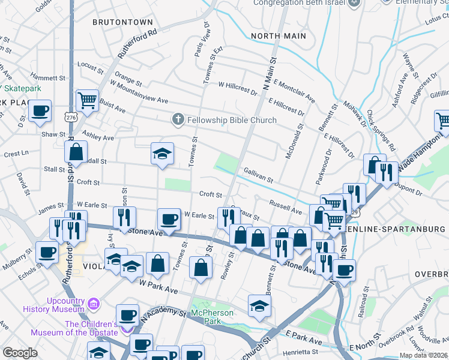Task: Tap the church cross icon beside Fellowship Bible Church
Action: pyautogui.click(x=178, y=120)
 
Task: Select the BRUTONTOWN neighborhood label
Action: pyautogui.click(x=122, y=22)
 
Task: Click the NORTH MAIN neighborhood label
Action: pyautogui.click(x=279, y=36)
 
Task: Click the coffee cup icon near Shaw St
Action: pyautogui.click(x=40, y=112)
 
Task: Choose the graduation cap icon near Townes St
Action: pyautogui.click(x=162, y=154)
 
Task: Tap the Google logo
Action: pyautogui.click(x=20, y=353)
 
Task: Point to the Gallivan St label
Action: pyautogui.click(x=258, y=176)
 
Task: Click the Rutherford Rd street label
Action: pyautogui.click(x=137, y=43)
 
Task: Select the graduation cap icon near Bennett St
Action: pyautogui.click(x=259, y=305)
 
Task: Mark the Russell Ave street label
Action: pyautogui.click(x=285, y=207)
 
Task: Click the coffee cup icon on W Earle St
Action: pyautogui.click(x=169, y=219)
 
